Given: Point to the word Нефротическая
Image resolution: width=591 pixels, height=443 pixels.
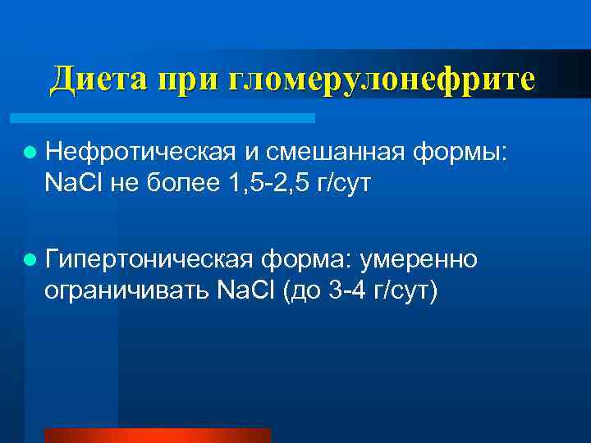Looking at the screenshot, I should [x=142, y=152].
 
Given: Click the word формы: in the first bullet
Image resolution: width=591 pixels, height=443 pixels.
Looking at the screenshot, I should [x=460, y=152].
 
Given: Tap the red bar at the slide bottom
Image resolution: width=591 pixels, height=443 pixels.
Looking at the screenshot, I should [x=157, y=436].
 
